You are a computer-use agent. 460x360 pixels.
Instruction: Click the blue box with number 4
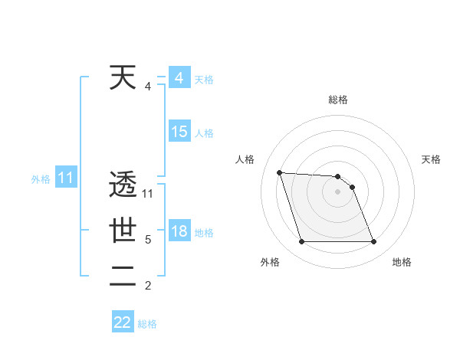(x=179, y=78)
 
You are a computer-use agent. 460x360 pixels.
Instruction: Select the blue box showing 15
(x=179, y=132)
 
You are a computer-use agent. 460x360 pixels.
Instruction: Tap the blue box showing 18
(x=179, y=231)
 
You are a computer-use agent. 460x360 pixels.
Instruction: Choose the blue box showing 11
(x=66, y=178)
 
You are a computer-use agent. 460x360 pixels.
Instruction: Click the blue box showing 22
(x=123, y=322)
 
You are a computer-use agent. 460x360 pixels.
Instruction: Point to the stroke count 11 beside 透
(x=148, y=194)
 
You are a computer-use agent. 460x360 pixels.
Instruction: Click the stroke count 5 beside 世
(x=148, y=240)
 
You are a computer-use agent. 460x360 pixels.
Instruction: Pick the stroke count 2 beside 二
(x=148, y=286)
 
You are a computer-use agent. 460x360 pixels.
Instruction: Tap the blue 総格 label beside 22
(x=148, y=324)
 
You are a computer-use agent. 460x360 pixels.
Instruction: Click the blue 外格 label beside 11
(x=41, y=179)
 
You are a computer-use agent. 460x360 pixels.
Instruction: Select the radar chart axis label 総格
(x=338, y=100)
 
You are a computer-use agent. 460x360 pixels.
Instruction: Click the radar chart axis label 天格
(x=431, y=159)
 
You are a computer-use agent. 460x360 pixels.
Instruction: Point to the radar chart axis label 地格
(x=402, y=262)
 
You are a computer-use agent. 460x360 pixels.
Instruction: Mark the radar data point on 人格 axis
(x=279, y=172)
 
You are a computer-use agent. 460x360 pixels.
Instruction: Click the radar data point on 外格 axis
(x=301, y=242)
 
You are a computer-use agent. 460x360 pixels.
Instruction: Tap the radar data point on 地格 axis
(x=373, y=242)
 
